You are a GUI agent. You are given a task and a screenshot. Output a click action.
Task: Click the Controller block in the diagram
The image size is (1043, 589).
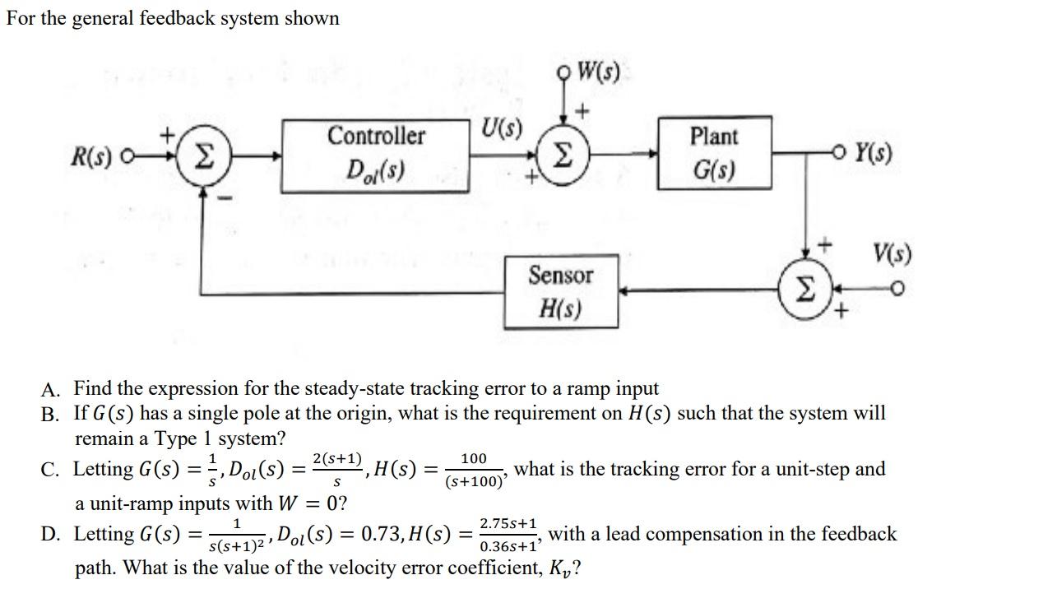(376, 155)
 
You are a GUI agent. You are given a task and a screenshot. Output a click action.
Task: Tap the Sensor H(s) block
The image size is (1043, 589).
(560, 291)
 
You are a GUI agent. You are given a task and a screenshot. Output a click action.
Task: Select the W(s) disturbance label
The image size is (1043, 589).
(598, 71)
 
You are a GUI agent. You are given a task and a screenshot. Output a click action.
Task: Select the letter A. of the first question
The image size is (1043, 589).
(51, 388)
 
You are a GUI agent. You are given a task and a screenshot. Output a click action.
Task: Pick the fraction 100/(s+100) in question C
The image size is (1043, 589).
(474, 470)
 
